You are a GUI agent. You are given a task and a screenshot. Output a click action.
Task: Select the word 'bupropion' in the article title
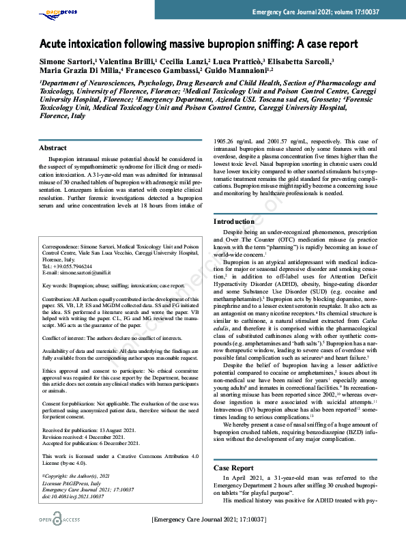click(x=220, y=44)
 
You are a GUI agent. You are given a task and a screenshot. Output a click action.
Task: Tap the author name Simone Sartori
click(x=66, y=61)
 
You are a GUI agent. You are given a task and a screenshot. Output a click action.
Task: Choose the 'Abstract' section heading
click(x=53, y=148)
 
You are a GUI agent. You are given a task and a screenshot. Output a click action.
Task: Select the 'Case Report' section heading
click(x=234, y=468)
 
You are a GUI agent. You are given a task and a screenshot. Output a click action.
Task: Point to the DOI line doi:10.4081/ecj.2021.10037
click(x=73, y=496)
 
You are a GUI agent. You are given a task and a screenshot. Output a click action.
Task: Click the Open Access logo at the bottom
click(x=61, y=521)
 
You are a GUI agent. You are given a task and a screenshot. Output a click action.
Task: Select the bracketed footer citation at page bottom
click(x=208, y=520)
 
